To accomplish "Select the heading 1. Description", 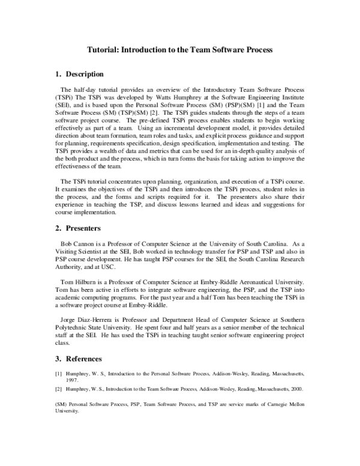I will coord(79,74).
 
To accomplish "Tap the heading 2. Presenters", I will coord(77,229).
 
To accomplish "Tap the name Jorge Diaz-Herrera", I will coord(88,319).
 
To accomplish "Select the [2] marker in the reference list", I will coord(58,389).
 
